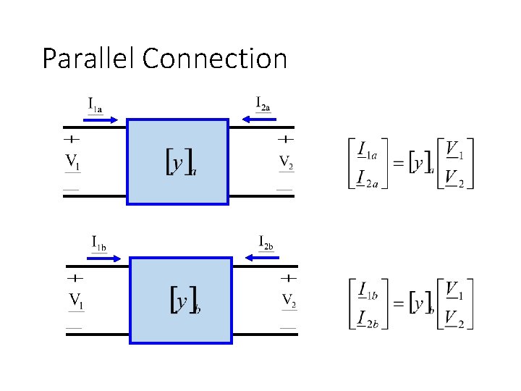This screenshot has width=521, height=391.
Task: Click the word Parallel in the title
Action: [89, 58]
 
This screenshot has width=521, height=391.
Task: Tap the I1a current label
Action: [95, 105]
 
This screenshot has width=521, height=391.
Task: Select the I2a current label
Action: [263, 104]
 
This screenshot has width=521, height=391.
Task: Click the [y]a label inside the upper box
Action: [181, 162]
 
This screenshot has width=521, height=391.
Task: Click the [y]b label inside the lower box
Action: [185, 300]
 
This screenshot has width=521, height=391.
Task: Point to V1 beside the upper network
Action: [73, 161]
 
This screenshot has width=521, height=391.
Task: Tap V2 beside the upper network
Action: [286, 161]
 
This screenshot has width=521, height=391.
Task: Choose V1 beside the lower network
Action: [75, 300]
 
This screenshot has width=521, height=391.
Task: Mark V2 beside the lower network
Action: [289, 300]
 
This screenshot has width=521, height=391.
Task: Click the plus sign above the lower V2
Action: [289, 277]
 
